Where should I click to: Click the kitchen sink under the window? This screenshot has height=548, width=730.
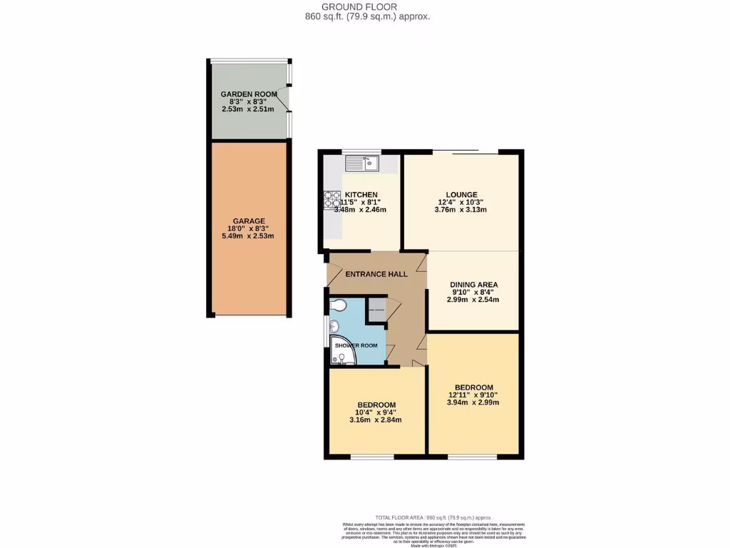click(x=363, y=163)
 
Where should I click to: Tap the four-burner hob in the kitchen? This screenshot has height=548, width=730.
click(x=331, y=200)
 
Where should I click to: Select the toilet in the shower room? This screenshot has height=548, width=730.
click(x=339, y=306)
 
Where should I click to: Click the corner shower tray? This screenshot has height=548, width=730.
click(x=342, y=350)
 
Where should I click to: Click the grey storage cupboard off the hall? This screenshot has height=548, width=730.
click(x=376, y=309)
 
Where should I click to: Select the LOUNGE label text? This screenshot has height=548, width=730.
click(x=461, y=194)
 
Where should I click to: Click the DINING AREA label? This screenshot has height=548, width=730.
click(x=473, y=284)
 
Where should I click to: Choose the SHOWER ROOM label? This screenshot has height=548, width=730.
click(x=356, y=345)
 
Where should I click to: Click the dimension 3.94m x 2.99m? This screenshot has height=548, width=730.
click(x=472, y=402)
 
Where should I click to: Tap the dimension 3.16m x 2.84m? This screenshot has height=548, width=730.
click(x=376, y=420)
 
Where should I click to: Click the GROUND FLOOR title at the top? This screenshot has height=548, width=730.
click(x=365, y=6)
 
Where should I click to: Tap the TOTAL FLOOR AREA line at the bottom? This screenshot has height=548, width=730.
click(x=434, y=517)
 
